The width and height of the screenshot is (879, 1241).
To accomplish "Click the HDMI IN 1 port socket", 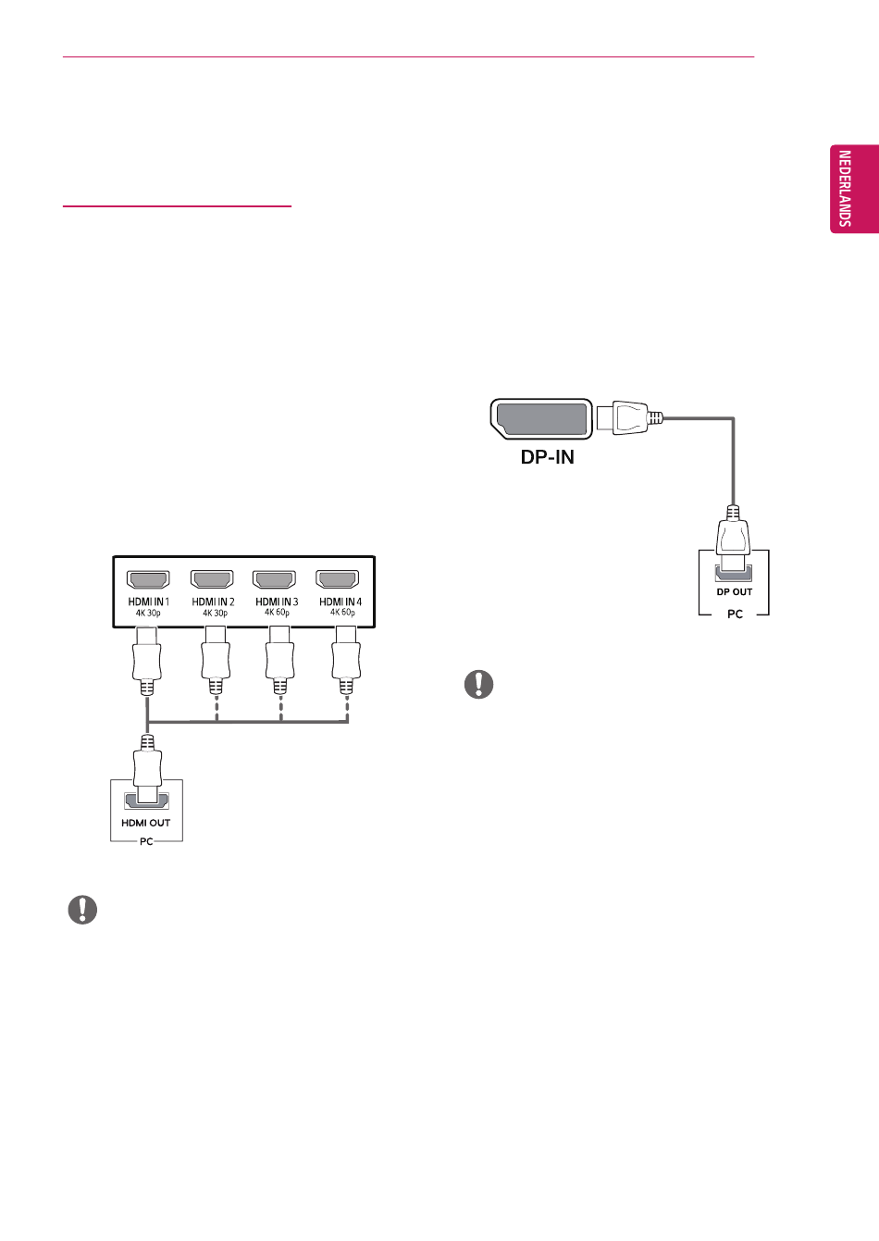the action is (148, 579).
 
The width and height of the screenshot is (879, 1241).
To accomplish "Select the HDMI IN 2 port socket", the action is (212, 579).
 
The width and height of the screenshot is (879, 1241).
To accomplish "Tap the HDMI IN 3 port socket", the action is (274, 579).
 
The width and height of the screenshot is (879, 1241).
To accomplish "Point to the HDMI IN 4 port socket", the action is (338, 579).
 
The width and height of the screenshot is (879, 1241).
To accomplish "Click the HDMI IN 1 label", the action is (148, 602).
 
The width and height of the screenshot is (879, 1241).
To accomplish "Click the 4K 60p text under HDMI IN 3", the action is (277, 613).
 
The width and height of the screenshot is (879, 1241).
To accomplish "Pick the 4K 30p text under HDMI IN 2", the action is (215, 613).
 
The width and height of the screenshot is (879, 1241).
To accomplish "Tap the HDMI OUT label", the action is (145, 823).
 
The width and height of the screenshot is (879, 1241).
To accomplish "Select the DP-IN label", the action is (547, 457).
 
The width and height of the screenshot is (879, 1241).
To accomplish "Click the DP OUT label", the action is (735, 591).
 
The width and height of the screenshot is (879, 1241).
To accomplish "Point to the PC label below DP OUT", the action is (735, 614).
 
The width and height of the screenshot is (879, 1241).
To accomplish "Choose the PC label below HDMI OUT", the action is (146, 841).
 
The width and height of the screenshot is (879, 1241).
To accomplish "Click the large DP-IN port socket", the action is (541, 419).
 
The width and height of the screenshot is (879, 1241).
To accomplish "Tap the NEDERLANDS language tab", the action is (854, 189).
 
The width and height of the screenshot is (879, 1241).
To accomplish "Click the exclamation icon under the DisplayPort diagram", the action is (479, 684).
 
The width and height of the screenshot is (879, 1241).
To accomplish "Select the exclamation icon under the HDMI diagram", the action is (82, 910).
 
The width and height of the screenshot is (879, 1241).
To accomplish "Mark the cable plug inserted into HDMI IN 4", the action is (346, 660).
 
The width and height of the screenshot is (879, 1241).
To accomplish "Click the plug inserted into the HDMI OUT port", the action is (147, 769).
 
